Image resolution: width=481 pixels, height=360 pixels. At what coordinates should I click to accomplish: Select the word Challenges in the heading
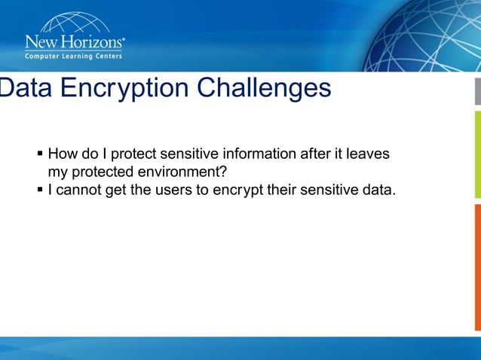(264, 88)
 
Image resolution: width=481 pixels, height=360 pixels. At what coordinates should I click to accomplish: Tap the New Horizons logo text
(75, 41)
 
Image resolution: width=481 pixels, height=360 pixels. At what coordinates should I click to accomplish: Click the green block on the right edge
(477, 151)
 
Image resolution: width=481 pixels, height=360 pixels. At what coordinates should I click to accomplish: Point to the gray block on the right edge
(477, 90)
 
